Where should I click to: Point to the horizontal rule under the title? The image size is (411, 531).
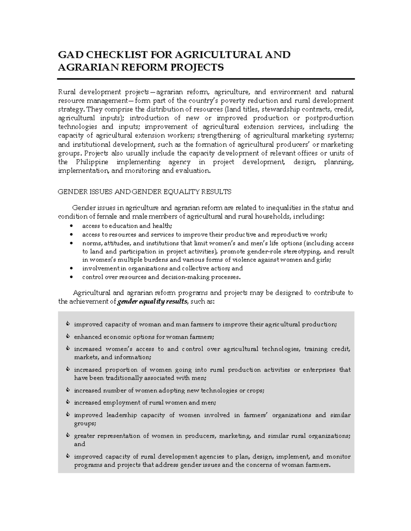206,79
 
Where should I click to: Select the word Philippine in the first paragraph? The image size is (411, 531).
92,162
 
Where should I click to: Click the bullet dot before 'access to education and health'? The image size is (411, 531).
71,226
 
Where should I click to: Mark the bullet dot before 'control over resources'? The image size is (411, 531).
71,277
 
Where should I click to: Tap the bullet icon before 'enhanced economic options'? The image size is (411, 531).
68,337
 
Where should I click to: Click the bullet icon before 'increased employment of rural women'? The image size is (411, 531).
68,402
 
